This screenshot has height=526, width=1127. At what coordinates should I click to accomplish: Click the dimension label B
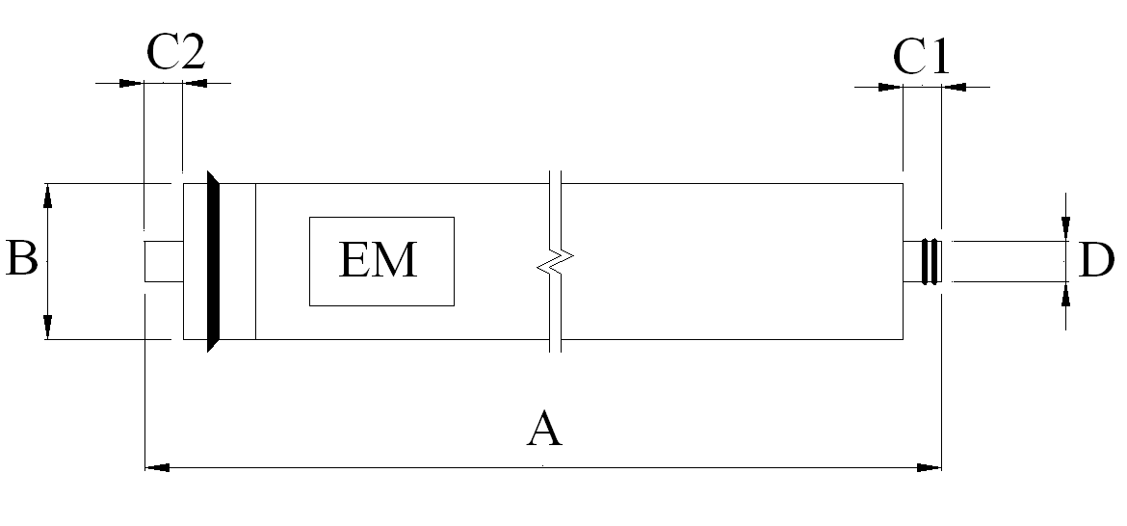click(x=21, y=260)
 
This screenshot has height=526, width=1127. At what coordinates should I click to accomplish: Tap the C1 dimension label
click(x=921, y=58)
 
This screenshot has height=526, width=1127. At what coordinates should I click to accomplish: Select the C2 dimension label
click(x=175, y=53)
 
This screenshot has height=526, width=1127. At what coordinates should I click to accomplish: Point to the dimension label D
click(x=1096, y=260)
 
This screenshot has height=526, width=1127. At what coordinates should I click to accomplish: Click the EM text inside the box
click(x=379, y=260)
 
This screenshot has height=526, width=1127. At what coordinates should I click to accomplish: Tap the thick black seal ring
click(x=214, y=261)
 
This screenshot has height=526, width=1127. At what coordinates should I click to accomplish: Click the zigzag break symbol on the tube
click(x=555, y=260)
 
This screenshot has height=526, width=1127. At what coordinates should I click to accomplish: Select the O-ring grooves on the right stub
click(x=930, y=260)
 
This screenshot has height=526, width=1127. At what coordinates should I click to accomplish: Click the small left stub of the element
click(x=163, y=261)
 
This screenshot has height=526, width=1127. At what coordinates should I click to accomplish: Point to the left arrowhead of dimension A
click(x=156, y=468)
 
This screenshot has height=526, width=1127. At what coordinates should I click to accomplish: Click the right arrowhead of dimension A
click(x=929, y=468)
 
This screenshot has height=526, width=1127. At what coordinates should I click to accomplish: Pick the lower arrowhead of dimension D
click(x=1065, y=294)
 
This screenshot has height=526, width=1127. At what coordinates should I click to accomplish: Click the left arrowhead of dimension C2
click(x=131, y=84)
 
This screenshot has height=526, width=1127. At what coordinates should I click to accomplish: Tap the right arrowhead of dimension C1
click(x=954, y=88)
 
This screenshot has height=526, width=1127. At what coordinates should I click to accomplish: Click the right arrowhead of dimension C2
click(x=194, y=84)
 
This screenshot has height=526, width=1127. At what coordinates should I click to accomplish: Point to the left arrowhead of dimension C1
click(x=891, y=88)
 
